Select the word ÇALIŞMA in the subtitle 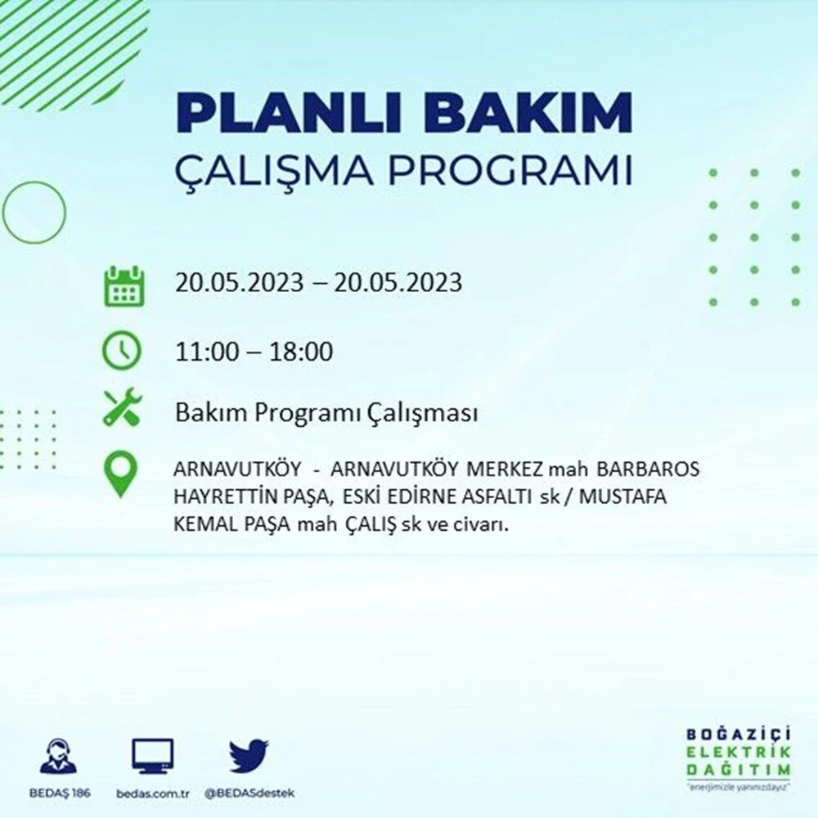pos(274,170)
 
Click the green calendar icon pos(124,285)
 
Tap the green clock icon pos(122,349)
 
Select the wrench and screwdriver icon pos(122,407)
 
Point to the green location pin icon pos(120,474)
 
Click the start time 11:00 pos(207,352)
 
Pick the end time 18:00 pos(301,352)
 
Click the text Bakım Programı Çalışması pos(326,413)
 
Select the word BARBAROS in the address pos(648,470)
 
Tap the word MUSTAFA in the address pos(622,497)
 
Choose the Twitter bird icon pos(249,755)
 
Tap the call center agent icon pos(58,755)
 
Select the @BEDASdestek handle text pos(249,793)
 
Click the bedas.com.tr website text pos(152,793)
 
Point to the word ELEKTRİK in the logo pos(738,752)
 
